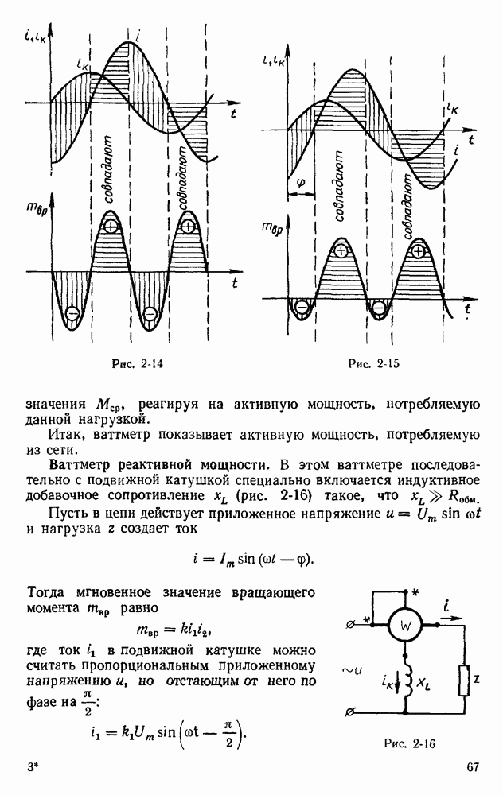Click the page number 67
coord(473,767)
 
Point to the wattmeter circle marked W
coord(404,626)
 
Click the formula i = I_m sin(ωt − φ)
coord(250,558)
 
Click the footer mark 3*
coord(33,768)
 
